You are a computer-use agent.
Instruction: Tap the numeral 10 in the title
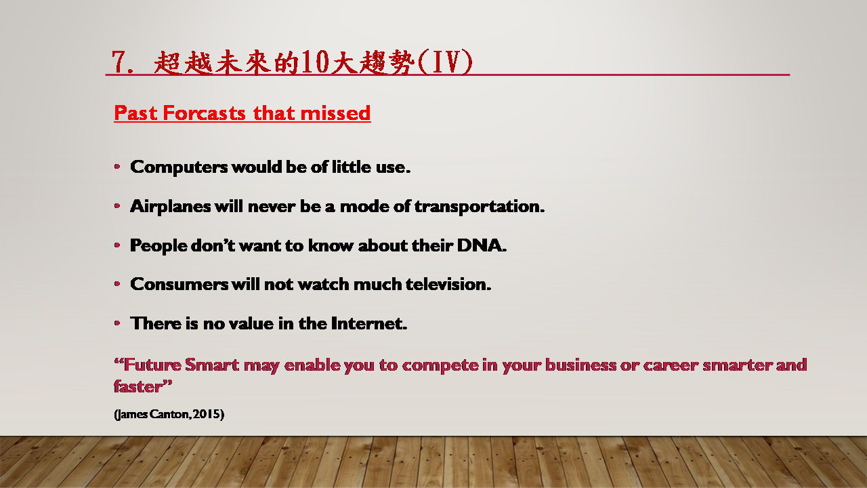[316, 62]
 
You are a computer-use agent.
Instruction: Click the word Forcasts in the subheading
[204, 113]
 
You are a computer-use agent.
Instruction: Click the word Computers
[179, 167]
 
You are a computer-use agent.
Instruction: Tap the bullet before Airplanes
[117, 206]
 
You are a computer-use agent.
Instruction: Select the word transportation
[480, 207]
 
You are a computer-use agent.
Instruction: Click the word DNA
[482, 245]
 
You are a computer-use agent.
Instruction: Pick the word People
[158, 246]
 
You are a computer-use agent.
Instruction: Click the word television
[448, 284]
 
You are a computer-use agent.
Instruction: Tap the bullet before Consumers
[117, 284]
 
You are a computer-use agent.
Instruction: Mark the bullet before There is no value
[117, 323]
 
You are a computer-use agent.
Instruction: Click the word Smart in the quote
[212, 365]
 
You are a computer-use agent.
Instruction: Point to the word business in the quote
[580, 365]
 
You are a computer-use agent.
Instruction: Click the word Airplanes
[171, 207]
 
